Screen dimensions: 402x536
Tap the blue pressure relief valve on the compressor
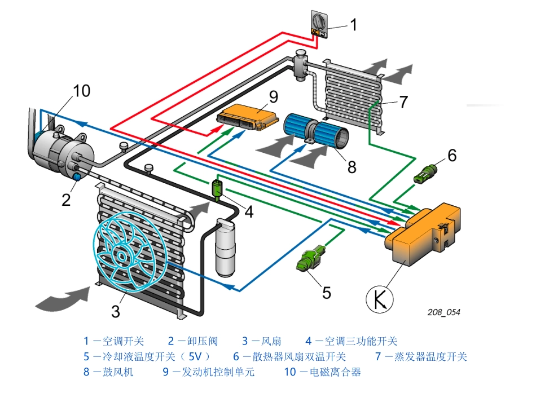pos(77,178)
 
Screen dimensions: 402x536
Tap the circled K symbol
pos(379,299)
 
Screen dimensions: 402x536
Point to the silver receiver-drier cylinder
pos(227,248)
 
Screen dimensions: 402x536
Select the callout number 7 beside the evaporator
pos(403,102)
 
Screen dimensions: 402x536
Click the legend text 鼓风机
pos(118,372)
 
